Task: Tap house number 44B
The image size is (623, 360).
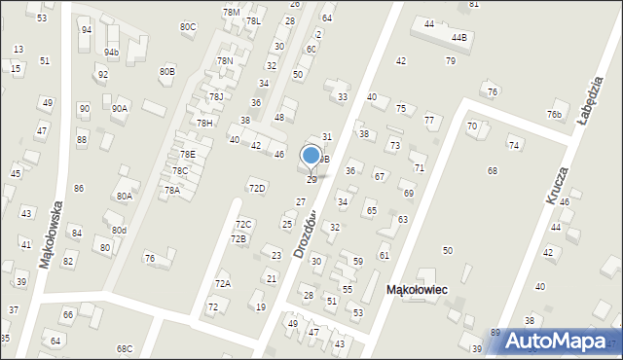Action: [458, 37]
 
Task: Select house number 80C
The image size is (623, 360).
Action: [188, 26]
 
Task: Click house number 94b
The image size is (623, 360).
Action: [112, 52]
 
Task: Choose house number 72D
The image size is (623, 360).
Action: [257, 188]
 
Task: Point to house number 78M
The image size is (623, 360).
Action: [231, 12]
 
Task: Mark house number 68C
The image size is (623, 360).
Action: [124, 348]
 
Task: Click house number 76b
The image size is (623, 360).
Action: [554, 115]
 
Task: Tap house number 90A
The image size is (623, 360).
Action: [119, 109]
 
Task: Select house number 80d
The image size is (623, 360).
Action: [119, 230]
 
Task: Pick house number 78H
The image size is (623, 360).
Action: [204, 124]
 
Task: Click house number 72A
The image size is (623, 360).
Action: [223, 283]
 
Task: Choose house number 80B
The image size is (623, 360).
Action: [167, 71]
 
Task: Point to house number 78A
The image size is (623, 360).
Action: [172, 190]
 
